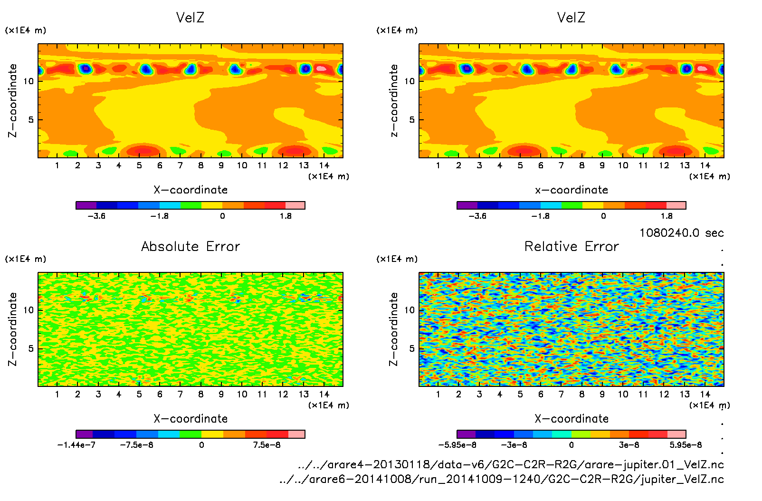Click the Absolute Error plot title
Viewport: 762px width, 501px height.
pyautogui.click(x=190, y=246)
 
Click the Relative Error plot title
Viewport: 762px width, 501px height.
pyautogui.click(x=571, y=246)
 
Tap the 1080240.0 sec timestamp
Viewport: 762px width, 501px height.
pyautogui.click(x=681, y=233)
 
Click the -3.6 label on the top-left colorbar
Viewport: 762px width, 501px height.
pyautogui.click(x=96, y=216)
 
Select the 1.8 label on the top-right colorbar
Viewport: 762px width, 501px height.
pyautogui.click(x=667, y=216)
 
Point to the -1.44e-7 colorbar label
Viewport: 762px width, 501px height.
pyautogui.click(x=76, y=445)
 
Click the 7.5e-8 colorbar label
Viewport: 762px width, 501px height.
pyautogui.click(x=267, y=445)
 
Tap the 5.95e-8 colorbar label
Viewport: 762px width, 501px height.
pyautogui.click(x=686, y=445)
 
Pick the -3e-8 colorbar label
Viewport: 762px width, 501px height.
pyautogui.click(x=514, y=445)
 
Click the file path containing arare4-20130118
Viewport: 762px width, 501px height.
pyautogui.click(x=511, y=464)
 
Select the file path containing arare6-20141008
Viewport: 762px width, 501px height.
pyautogui.click(x=501, y=479)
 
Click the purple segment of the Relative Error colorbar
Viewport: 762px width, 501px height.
pyautogui.click(x=466, y=434)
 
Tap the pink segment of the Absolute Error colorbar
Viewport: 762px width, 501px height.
pyautogui.click(x=296, y=434)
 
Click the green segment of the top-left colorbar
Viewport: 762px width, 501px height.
pyautogui.click(x=190, y=205)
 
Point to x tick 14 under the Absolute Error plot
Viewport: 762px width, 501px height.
pyautogui.click(x=324, y=394)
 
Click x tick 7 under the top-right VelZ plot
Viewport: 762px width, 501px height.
pyautogui.click(x=561, y=165)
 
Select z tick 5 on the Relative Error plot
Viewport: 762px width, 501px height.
pyautogui.click(x=412, y=348)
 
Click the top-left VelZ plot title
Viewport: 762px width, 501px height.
pyautogui.click(x=190, y=18)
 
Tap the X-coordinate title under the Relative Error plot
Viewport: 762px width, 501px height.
pyautogui.click(x=571, y=419)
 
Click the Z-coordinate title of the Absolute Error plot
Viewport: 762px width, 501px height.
pyautogui.click(x=13, y=329)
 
